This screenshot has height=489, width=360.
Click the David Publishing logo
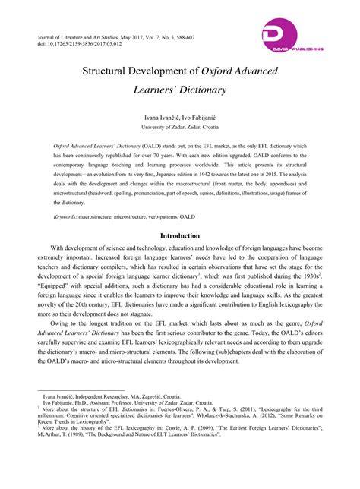click(292, 38)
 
